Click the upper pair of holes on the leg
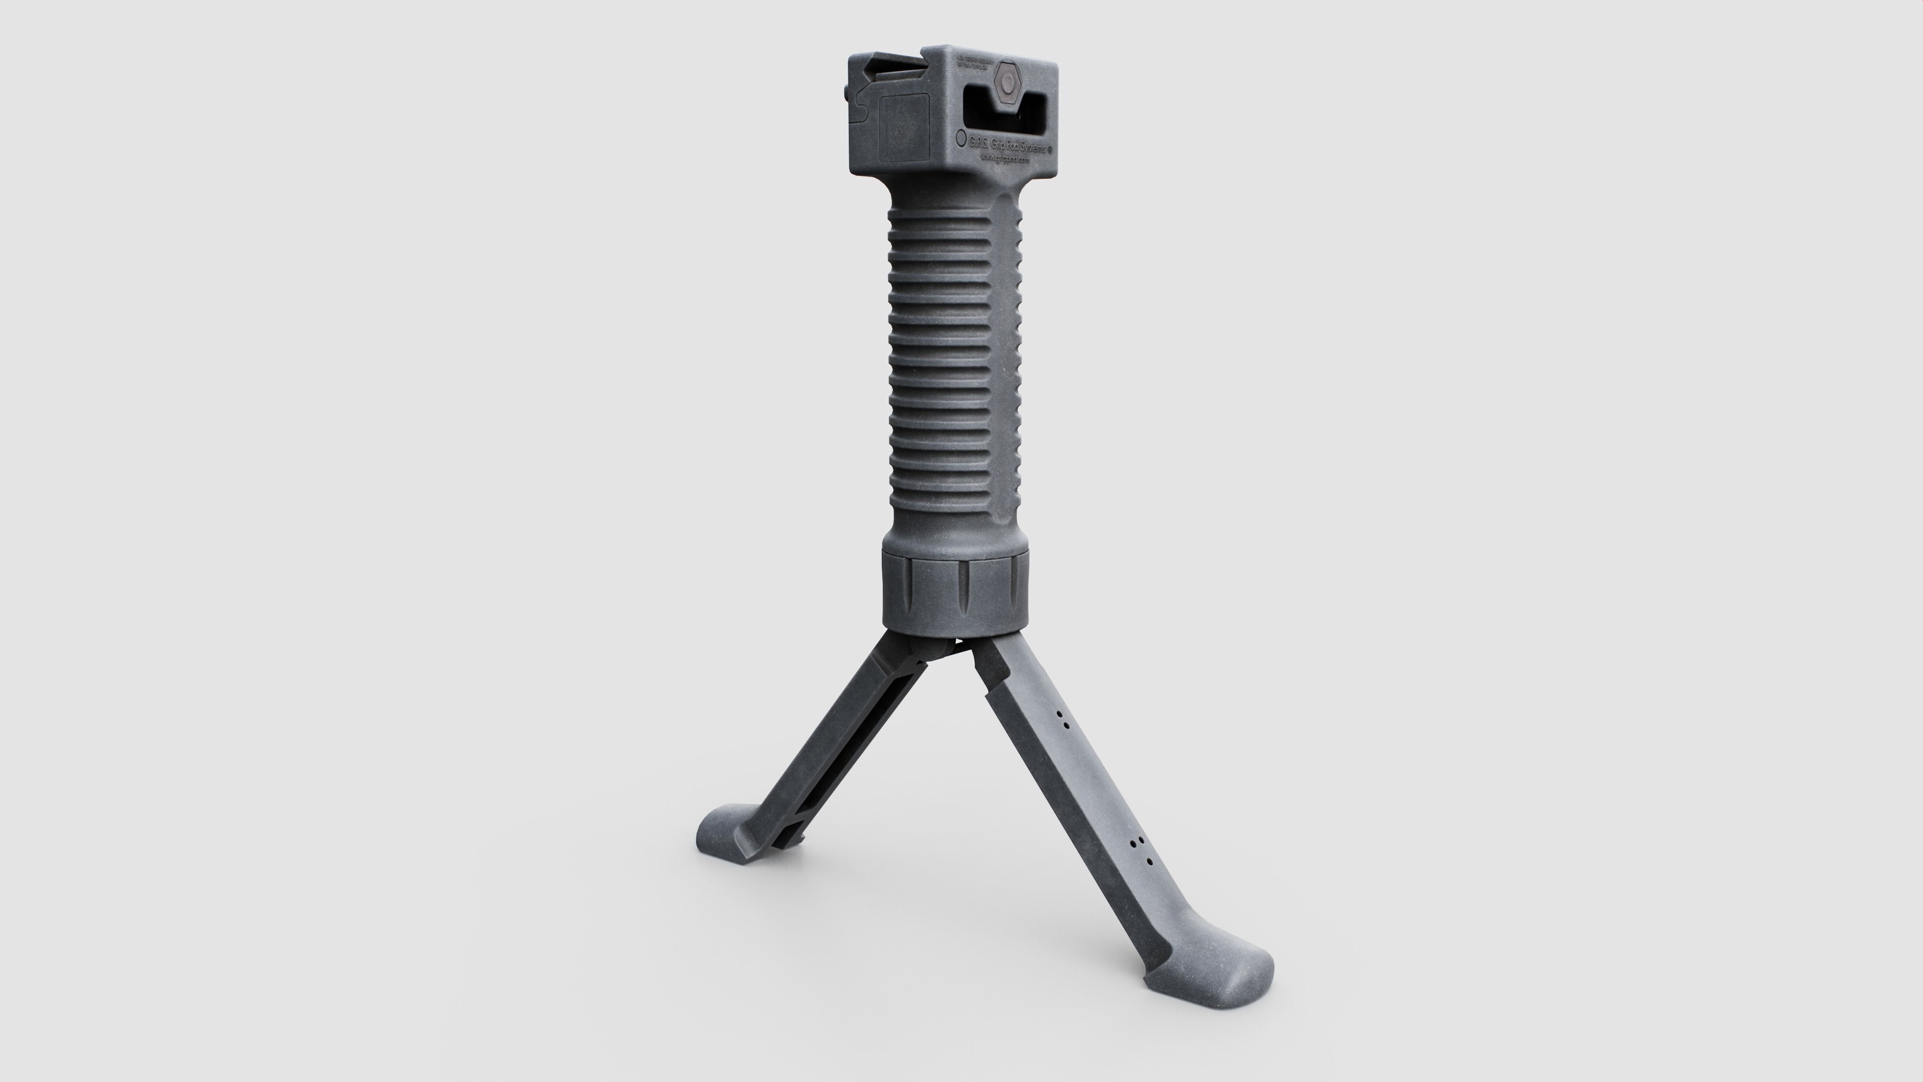coord(1062,720)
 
